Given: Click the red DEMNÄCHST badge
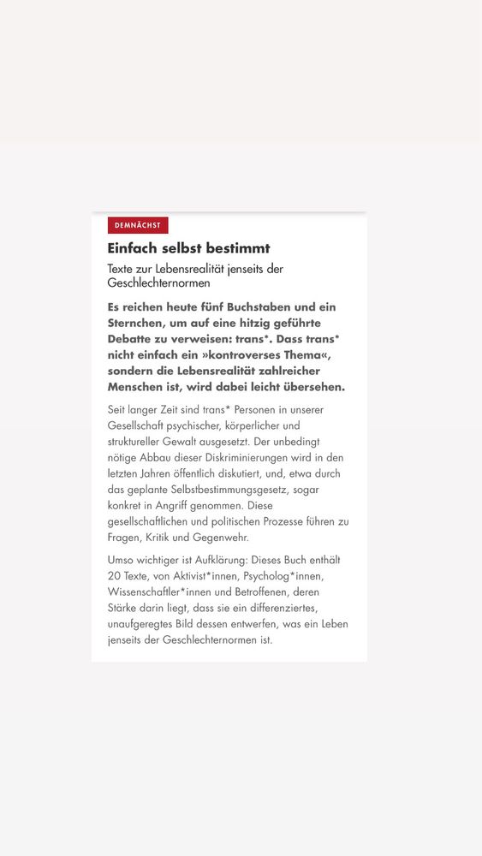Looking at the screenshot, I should coord(138,225).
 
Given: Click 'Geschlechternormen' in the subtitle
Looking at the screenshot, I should coord(158,283).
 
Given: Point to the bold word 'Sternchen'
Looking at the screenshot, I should coord(140,323).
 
